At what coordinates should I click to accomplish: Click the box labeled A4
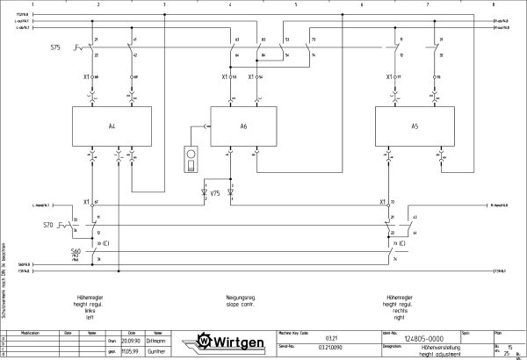coord(112,127)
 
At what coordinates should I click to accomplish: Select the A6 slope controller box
coord(243,127)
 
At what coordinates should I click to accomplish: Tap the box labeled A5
coord(412,127)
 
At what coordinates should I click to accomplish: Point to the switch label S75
coord(55,47)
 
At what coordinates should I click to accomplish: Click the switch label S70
coord(49,226)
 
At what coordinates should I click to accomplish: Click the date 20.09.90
coord(131,341)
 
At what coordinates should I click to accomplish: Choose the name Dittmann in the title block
coord(157,341)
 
